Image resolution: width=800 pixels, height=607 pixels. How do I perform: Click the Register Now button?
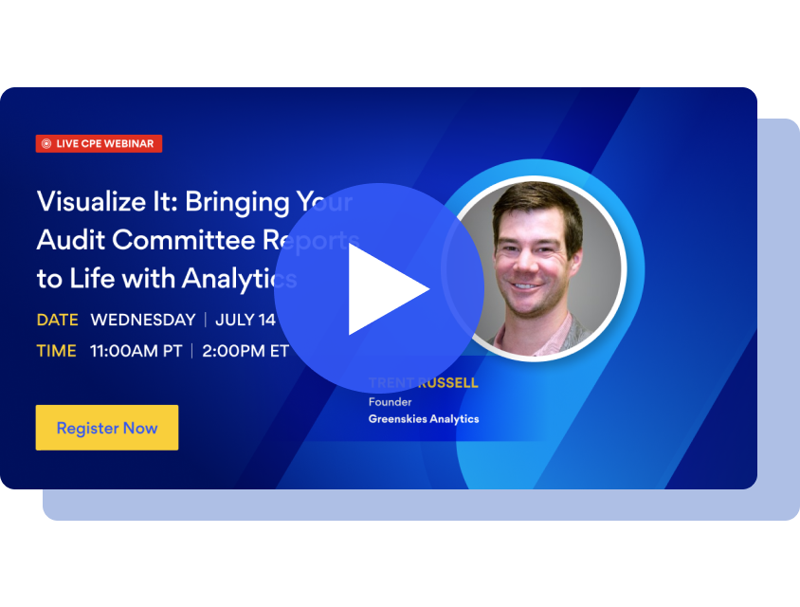(x=107, y=428)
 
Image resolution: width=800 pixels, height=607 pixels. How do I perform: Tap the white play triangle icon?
(x=385, y=289)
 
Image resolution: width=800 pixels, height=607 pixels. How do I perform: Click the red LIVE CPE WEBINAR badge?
(x=100, y=143)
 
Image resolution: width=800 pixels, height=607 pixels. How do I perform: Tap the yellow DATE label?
(x=57, y=320)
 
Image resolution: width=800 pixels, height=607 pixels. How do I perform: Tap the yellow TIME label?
(x=56, y=351)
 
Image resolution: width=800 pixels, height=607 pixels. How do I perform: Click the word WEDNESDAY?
(x=142, y=320)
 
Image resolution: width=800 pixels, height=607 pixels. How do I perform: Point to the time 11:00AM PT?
(x=136, y=351)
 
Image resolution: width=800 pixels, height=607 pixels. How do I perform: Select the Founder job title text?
(x=390, y=402)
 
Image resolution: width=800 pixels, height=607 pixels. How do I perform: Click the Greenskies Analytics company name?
(x=424, y=419)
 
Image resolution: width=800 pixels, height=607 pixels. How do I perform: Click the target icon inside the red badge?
(x=46, y=144)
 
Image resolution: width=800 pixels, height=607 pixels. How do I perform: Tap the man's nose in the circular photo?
(x=533, y=258)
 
